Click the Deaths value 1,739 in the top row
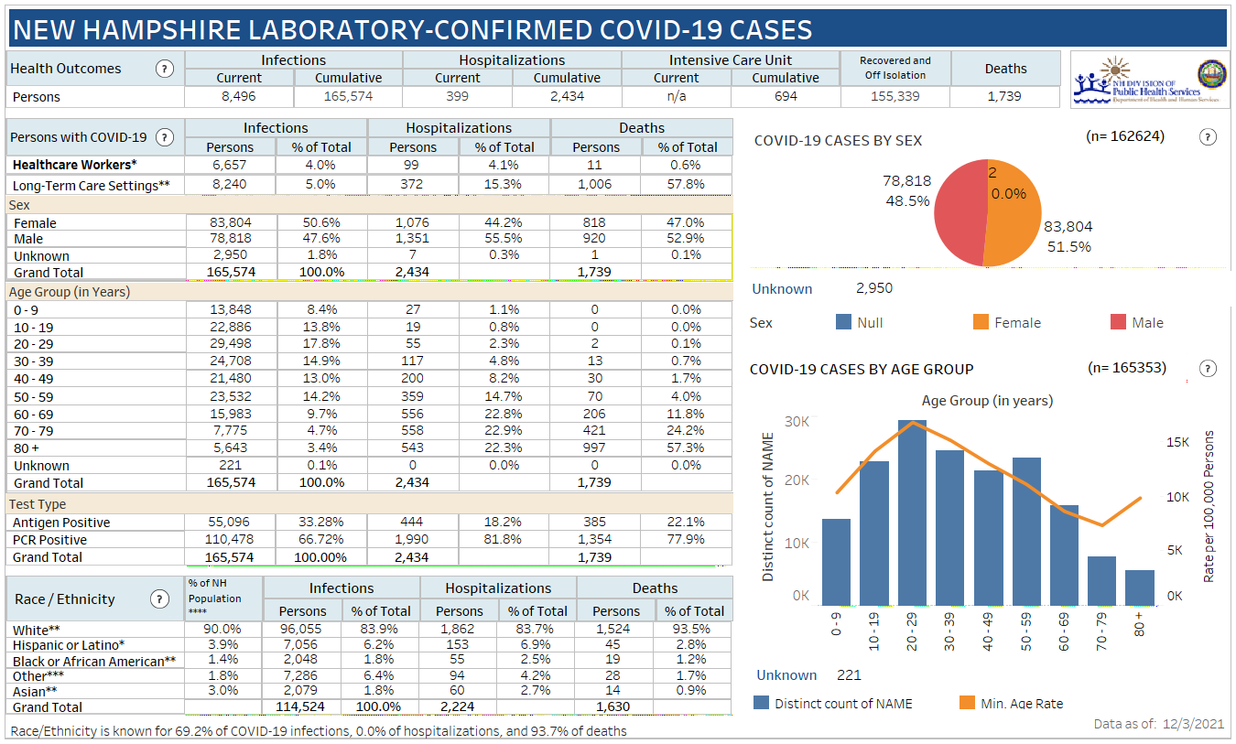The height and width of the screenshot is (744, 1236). coord(1004,96)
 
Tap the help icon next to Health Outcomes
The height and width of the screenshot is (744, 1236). coord(165,69)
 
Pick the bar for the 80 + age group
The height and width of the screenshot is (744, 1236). coord(1140,587)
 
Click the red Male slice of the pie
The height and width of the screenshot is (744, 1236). coord(957,215)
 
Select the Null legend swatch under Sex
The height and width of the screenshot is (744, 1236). coord(844,322)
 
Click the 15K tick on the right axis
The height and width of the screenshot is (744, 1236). coord(1176,442)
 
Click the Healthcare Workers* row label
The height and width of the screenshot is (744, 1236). coord(74,165)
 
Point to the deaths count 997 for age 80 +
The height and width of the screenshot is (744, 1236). coord(596,447)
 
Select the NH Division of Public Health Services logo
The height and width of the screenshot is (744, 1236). coord(1151,80)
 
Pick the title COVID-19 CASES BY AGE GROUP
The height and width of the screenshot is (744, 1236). coord(862,369)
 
